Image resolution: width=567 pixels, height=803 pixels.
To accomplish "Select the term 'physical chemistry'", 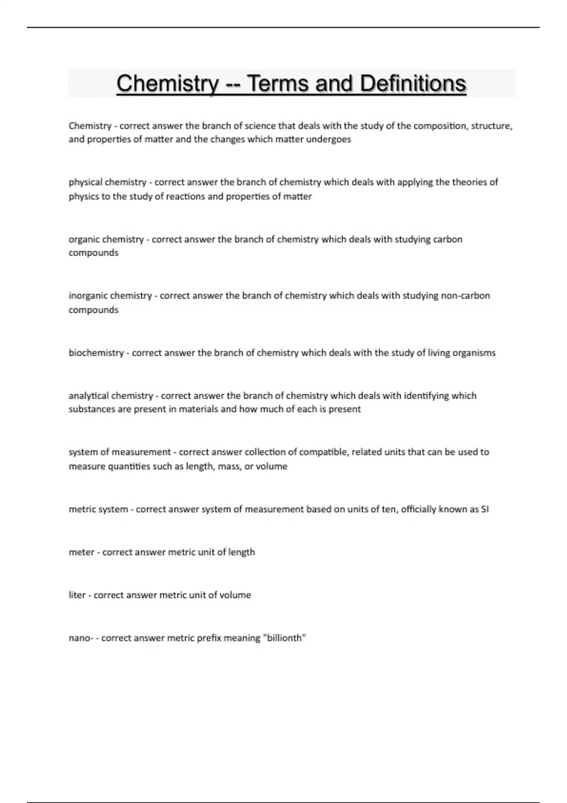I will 107,182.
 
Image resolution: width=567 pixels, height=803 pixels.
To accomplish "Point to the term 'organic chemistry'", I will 106,239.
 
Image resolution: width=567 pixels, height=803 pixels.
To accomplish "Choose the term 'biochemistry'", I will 96,353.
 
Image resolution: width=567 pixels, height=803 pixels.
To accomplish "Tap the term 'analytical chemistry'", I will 111,396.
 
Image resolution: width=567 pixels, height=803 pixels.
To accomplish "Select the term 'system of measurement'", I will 120,452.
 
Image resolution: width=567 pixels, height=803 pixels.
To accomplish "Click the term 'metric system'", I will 98,509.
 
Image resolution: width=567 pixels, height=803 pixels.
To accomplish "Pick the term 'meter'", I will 81,552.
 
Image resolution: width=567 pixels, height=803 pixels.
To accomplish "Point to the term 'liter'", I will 77,595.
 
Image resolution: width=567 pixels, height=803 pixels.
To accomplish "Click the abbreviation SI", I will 484,509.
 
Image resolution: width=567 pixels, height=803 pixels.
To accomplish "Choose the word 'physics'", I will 83,196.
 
